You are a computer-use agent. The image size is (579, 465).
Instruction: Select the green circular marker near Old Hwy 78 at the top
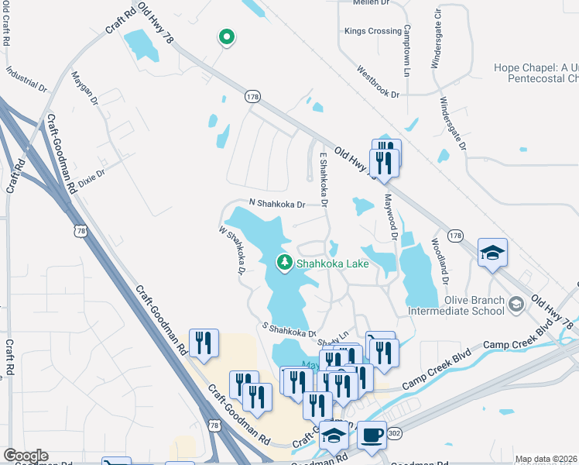pos(226,36)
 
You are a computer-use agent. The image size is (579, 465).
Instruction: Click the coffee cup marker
pos(372,434)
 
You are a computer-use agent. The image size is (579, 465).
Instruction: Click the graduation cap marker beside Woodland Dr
pos(492,253)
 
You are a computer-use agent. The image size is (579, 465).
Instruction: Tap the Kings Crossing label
pos(373,31)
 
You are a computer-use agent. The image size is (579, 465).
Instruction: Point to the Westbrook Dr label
pos(377,81)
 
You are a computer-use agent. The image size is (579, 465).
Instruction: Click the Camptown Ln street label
pos(407,51)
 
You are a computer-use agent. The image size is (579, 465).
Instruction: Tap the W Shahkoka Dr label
pos(231,251)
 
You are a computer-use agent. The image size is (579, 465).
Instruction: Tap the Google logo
pos(26,456)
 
